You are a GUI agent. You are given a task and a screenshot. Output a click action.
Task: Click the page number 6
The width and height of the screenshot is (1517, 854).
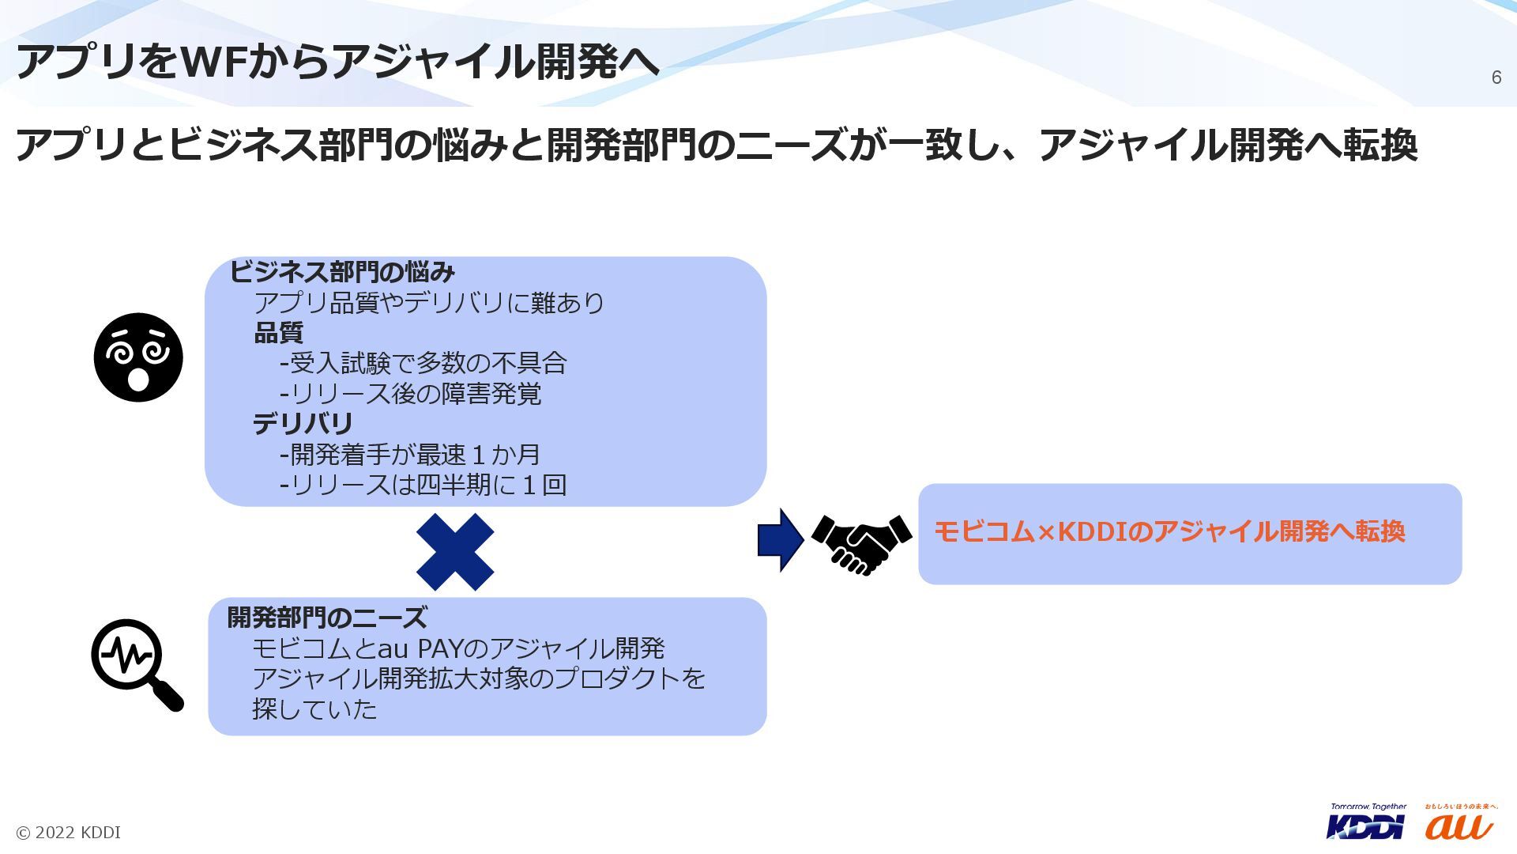pyautogui.click(x=1496, y=77)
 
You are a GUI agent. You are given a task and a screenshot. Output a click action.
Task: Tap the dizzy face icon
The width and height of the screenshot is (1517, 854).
pyautogui.click(x=138, y=357)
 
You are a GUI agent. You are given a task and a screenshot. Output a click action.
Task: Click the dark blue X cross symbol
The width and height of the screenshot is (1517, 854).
pyautogui.click(x=455, y=552)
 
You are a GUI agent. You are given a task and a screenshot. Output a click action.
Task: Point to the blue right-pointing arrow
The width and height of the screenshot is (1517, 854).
pyautogui.click(x=780, y=540)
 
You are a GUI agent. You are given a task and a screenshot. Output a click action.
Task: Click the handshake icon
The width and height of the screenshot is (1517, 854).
pyautogui.click(x=861, y=543)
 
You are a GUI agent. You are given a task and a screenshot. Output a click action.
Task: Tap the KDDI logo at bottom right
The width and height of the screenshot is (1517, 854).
pyautogui.click(x=1366, y=823)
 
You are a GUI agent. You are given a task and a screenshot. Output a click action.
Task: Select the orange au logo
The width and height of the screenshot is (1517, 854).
pyautogui.click(x=1459, y=825)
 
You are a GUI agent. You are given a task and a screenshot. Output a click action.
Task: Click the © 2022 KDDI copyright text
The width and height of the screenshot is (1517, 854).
pyautogui.click(x=69, y=833)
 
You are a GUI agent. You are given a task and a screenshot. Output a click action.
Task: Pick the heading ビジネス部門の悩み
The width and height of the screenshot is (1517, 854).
pyautogui.click(x=342, y=272)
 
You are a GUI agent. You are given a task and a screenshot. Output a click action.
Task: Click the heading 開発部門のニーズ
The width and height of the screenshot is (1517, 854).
pyautogui.click(x=327, y=618)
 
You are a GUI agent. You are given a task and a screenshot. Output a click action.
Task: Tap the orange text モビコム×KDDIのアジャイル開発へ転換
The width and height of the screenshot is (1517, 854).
pyautogui.click(x=1169, y=531)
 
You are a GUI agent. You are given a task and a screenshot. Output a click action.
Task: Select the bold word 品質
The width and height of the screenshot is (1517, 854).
pyautogui.click(x=278, y=333)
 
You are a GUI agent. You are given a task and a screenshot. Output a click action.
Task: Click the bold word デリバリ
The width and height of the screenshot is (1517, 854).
pyautogui.click(x=303, y=425)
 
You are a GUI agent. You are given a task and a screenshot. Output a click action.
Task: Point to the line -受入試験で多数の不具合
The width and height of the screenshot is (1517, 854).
pyautogui.click(x=423, y=363)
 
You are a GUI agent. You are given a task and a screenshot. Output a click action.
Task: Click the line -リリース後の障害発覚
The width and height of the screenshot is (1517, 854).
pyautogui.click(x=411, y=394)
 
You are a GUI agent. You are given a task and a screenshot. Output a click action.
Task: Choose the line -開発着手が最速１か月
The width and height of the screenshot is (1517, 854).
pyautogui.click(x=410, y=455)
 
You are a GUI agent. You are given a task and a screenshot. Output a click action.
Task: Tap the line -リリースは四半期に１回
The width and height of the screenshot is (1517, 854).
pyautogui.click(x=423, y=485)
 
